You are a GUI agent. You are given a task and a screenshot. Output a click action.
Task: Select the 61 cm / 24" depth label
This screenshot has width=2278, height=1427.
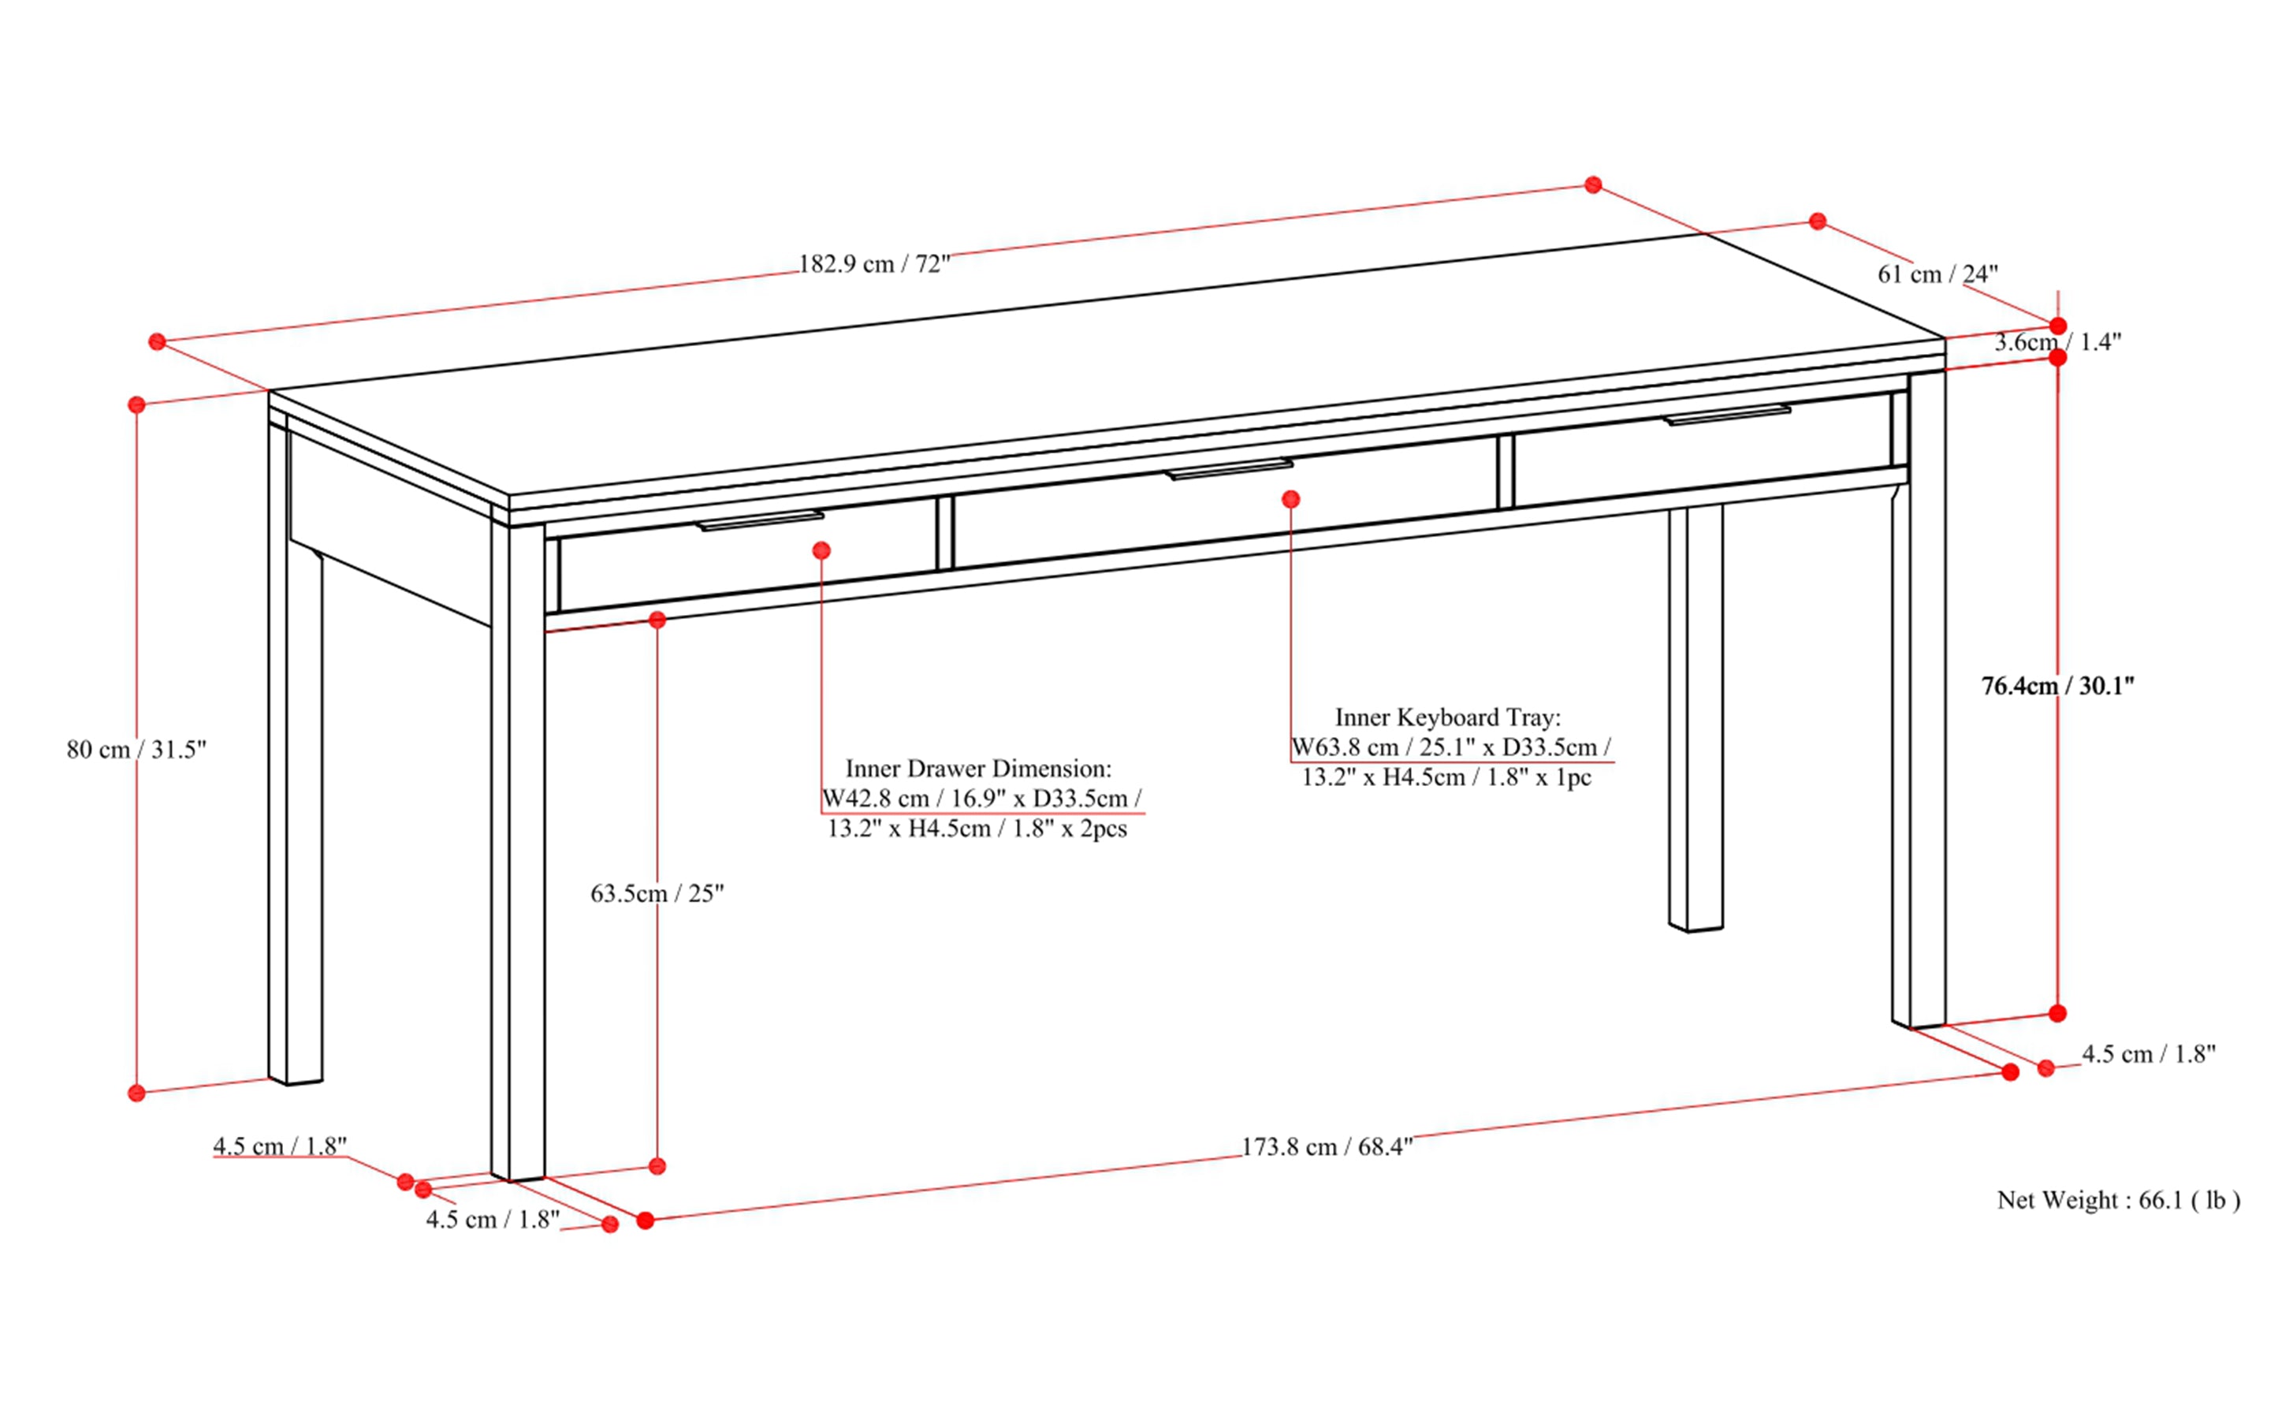point(1937,274)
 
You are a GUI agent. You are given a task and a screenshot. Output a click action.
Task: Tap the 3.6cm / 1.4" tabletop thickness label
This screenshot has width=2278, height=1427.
point(2058,343)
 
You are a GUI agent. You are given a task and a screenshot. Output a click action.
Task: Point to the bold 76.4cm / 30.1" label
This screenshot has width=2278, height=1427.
point(2057,686)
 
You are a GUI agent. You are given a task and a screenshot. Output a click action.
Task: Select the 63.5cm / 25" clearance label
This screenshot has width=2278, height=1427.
point(657,892)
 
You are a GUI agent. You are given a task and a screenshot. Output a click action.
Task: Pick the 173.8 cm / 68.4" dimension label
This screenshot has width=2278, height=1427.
point(1326,1146)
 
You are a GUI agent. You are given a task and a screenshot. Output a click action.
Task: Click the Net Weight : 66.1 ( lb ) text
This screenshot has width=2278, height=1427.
point(2117,1201)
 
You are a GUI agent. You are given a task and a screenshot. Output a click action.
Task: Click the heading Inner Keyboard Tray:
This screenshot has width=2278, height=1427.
point(1447,717)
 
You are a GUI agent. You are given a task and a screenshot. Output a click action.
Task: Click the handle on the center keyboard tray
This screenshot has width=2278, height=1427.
point(1229,469)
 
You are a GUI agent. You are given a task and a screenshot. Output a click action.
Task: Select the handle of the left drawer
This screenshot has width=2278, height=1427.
point(760,521)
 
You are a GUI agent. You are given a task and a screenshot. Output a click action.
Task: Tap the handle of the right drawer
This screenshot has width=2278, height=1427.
point(1726,415)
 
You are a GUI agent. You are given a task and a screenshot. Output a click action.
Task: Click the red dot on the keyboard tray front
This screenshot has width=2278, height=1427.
point(1291,498)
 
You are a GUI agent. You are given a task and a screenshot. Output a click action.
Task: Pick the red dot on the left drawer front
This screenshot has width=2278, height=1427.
point(821,550)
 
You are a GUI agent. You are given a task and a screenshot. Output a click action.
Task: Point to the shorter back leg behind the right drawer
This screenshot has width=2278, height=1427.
point(1695,717)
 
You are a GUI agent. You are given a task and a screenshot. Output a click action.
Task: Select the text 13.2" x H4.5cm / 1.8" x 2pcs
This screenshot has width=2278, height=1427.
point(977,829)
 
